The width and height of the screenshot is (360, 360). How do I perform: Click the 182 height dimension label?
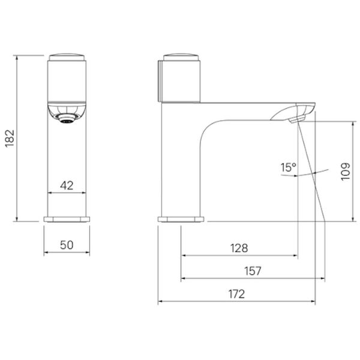10,139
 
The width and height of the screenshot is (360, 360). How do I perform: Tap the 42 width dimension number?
67,185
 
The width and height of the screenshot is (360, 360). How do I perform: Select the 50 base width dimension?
67,245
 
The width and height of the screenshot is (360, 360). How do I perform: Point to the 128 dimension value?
239,248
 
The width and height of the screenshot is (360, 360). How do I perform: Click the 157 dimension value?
253,271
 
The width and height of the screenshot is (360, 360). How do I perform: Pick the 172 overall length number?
237,294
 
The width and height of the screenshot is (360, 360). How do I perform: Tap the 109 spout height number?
346,172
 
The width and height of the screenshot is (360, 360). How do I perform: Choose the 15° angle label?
289,167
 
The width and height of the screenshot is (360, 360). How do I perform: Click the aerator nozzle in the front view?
67,119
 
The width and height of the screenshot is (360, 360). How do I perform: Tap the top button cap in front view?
67,57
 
